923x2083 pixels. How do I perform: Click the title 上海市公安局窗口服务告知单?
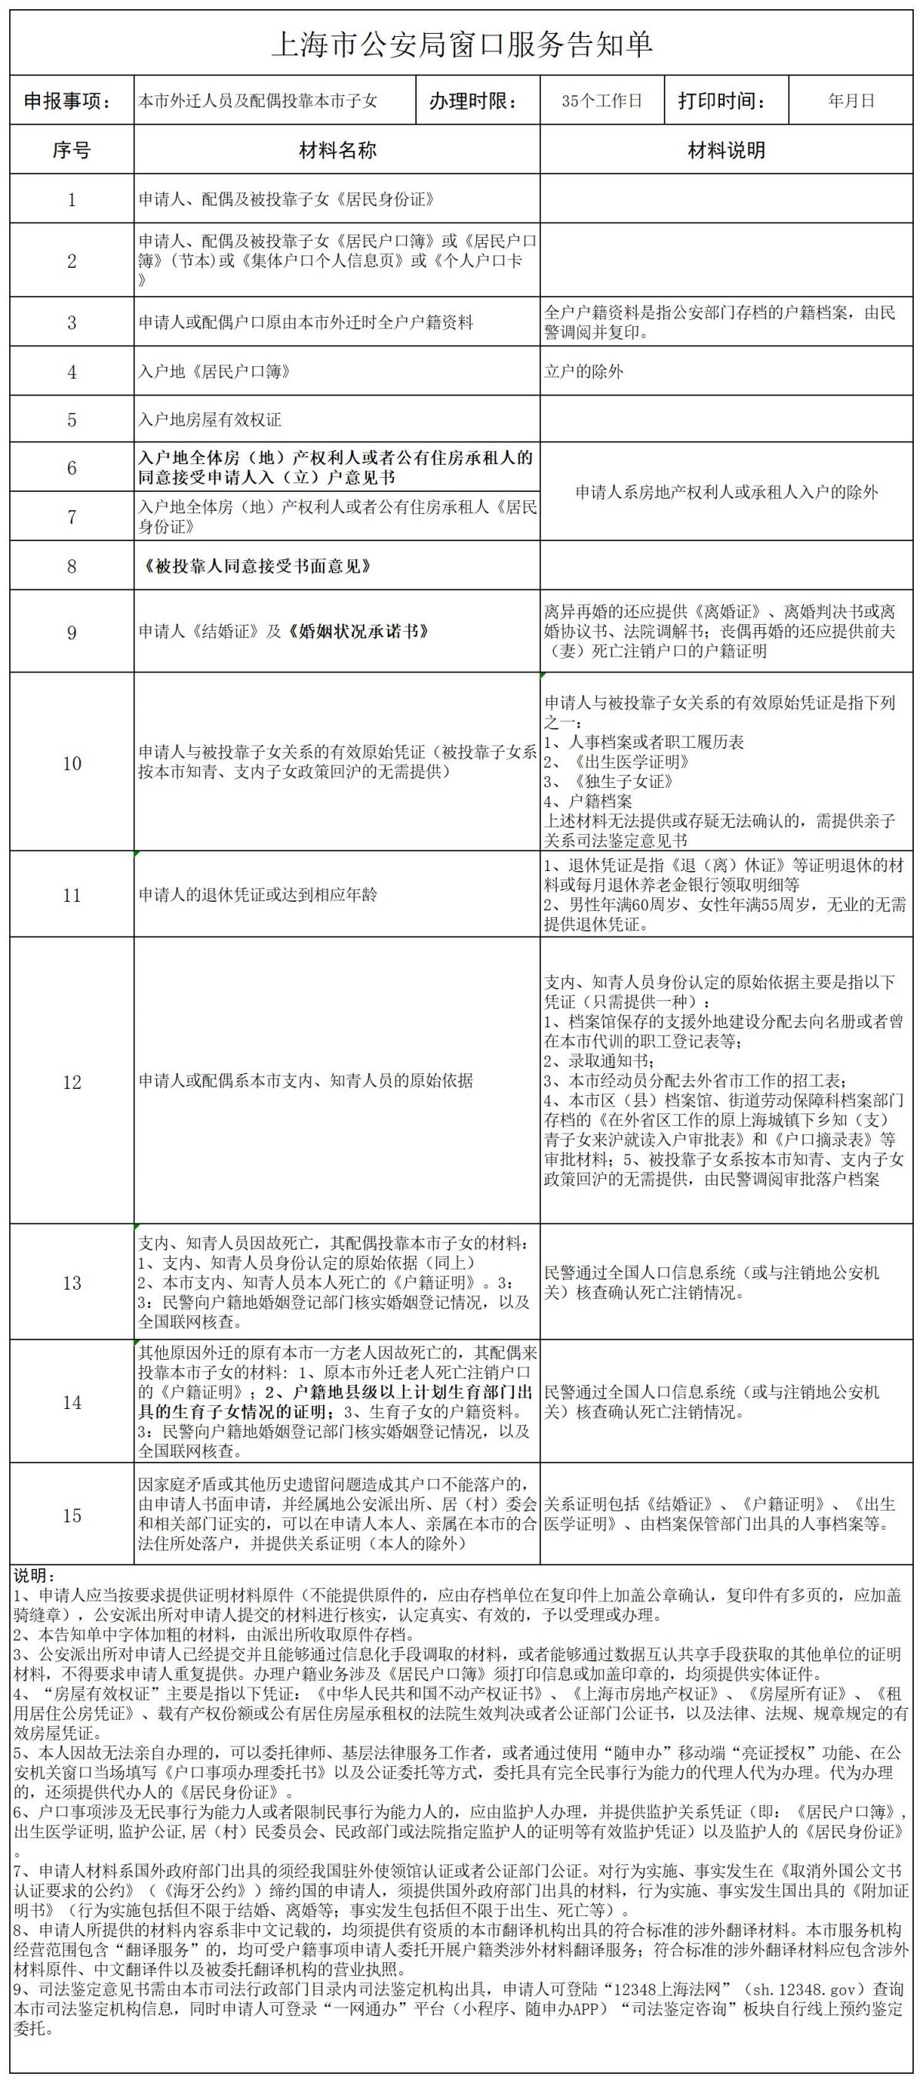[x=461, y=45]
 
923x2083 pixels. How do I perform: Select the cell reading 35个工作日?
[x=601, y=102]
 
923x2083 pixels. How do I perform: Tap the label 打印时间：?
[x=721, y=102]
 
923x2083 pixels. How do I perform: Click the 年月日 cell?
[x=851, y=102]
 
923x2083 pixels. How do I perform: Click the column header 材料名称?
[x=337, y=150]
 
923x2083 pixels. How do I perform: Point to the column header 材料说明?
[x=726, y=150]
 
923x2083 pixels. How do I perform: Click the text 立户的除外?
[x=584, y=372]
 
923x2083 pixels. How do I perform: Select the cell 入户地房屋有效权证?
[x=210, y=419]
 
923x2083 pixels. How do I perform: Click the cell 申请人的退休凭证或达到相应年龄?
[x=258, y=895]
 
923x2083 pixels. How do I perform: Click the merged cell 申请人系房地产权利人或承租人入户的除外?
[x=726, y=492]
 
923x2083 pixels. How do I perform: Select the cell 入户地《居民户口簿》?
[x=214, y=372]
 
